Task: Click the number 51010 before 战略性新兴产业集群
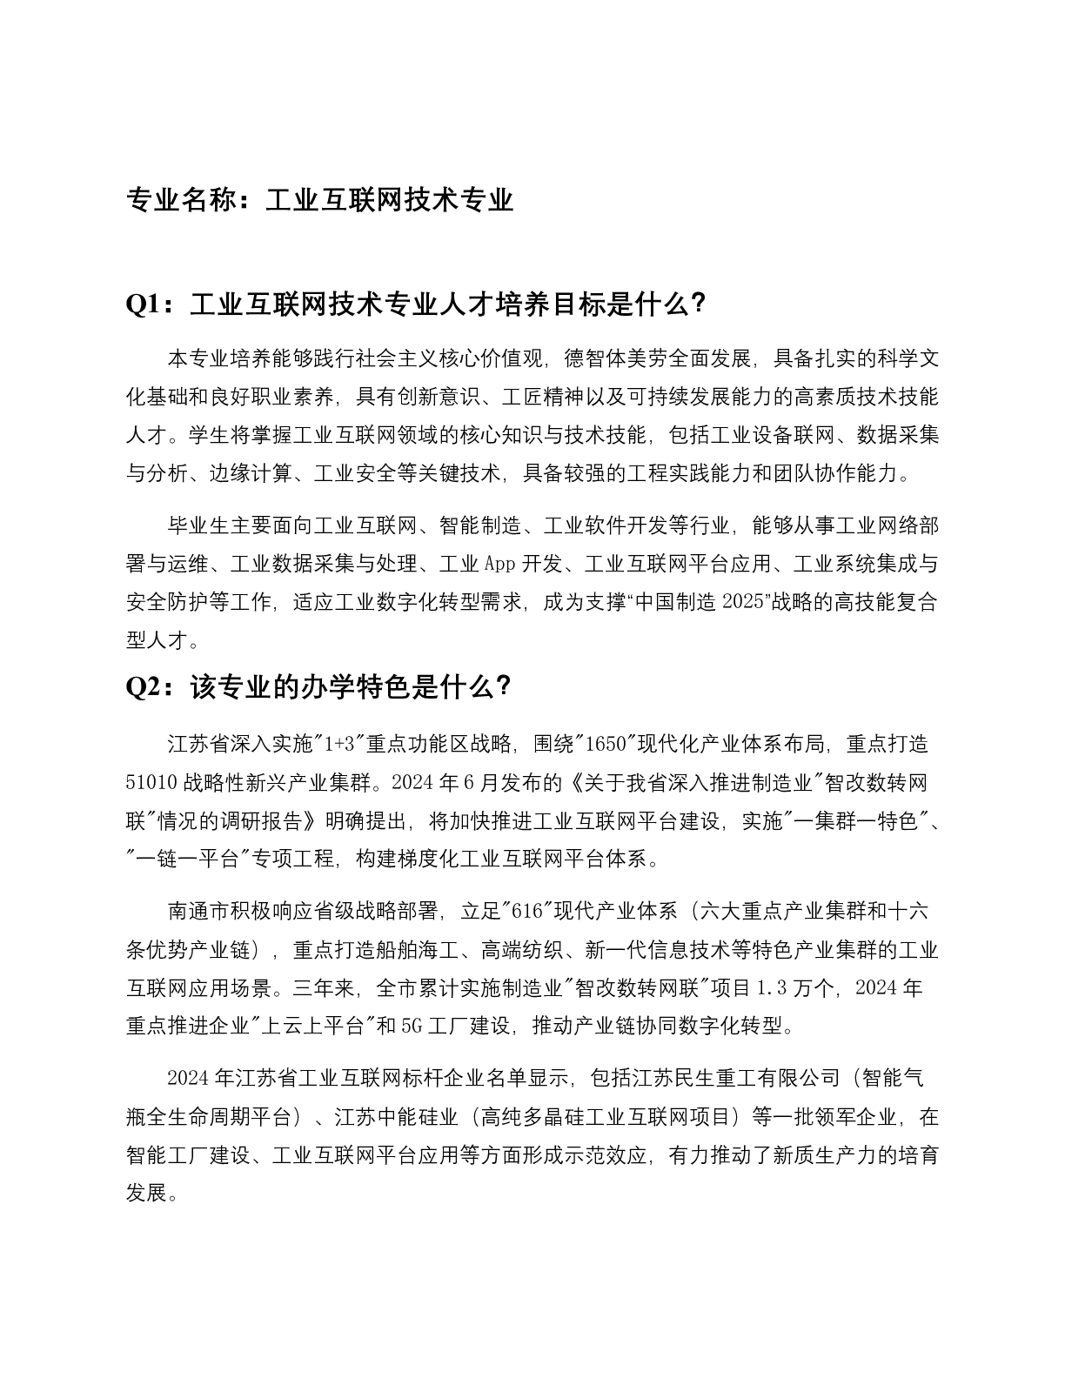point(152,782)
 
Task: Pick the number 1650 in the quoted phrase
point(606,744)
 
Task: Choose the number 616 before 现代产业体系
point(528,911)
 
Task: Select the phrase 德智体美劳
point(616,359)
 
